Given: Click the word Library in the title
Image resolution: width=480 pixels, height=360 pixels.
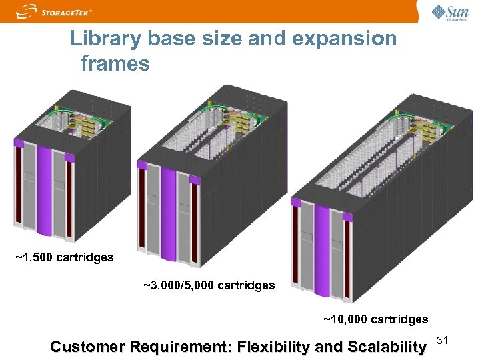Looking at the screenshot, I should click(x=105, y=39).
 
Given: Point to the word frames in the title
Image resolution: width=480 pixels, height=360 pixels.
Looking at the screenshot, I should click(x=115, y=64).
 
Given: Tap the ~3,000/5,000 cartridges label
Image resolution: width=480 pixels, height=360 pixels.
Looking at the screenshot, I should click(x=209, y=285).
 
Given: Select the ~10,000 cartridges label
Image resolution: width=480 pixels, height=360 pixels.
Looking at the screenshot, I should click(x=376, y=319).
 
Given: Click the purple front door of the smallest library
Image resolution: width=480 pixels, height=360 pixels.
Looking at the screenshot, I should click(x=44, y=189).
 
